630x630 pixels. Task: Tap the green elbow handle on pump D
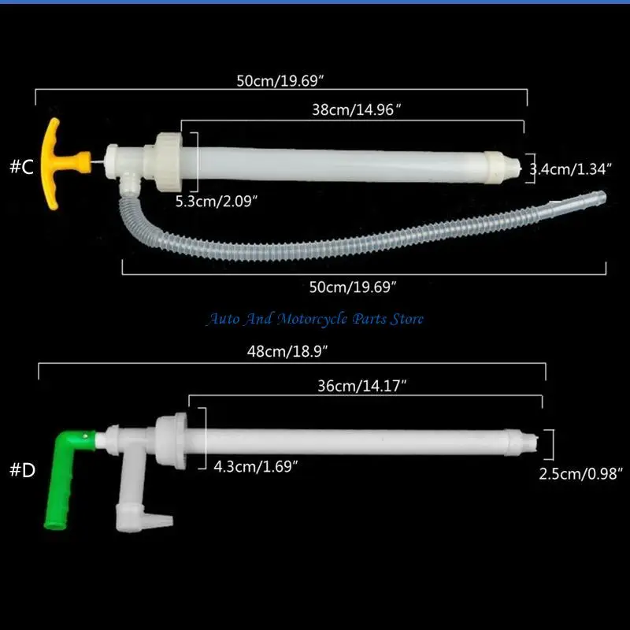click(65, 478)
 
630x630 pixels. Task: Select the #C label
click(22, 166)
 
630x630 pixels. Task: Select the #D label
click(23, 469)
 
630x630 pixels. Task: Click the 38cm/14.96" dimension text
click(357, 109)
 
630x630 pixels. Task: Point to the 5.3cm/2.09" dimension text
click(217, 201)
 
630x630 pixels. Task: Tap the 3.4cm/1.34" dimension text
click(570, 169)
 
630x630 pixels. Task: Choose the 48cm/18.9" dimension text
click(287, 351)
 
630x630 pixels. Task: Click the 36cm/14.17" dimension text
click(362, 386)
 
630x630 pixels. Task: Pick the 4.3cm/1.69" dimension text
click(256, 466)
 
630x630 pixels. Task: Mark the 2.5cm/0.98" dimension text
click(581, 474)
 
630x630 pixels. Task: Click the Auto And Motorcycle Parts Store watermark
click(316, 319)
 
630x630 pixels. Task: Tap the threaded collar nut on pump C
click(169, 162)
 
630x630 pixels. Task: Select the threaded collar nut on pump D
click(172, 441)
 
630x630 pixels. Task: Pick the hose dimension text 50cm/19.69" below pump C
click(353, 287)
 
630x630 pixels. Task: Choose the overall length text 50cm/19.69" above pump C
click(280, 81)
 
